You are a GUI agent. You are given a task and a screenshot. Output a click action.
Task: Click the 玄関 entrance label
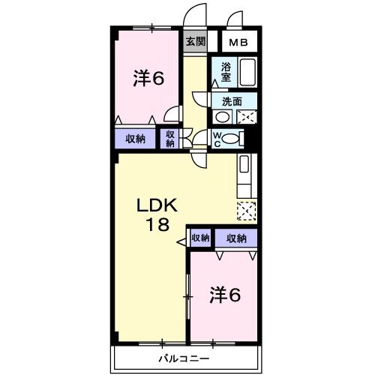(x=194, y=42)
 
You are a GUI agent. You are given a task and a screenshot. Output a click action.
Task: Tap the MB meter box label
(x=238, y=43)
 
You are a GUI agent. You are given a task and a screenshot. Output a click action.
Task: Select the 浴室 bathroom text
(x=226, y=71)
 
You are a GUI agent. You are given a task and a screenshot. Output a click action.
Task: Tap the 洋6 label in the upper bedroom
(x=149, y=78)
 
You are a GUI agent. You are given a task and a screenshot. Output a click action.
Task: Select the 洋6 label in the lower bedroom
(x=225, y=295)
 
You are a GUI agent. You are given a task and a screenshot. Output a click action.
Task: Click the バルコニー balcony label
(x=184, y=358)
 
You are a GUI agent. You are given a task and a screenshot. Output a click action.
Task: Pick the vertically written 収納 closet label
(x=170, y=138)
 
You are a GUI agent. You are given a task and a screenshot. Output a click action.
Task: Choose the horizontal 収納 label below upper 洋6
(x=136, y=139)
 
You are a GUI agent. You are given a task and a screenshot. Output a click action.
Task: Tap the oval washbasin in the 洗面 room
(x=223, y=117)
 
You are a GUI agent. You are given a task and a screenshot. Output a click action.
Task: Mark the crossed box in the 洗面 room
(x=247, y=117)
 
